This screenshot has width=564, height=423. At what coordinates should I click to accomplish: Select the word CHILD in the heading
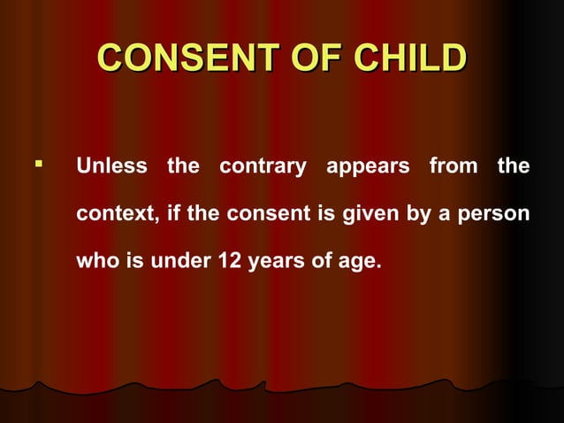pos(408,58)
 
